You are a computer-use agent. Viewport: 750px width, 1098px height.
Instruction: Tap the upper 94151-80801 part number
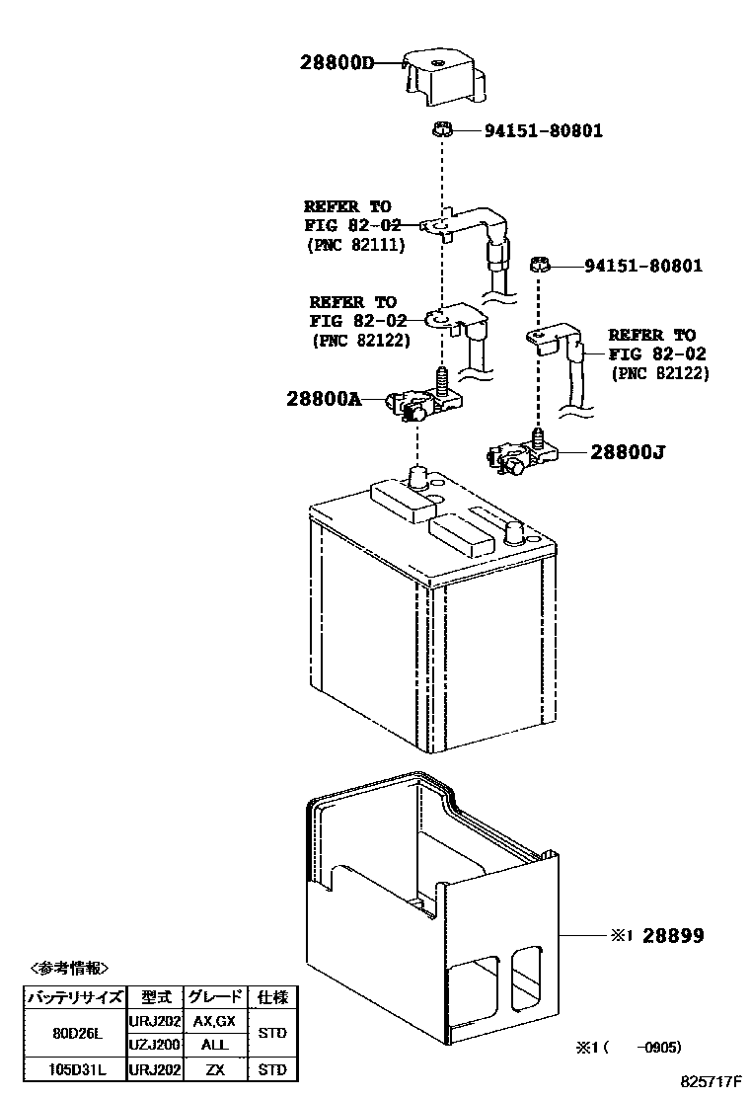coord(543,130)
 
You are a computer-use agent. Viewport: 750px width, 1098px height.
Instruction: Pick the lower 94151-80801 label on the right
coord(643,266)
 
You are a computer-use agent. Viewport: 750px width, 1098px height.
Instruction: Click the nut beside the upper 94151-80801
coord(443,128)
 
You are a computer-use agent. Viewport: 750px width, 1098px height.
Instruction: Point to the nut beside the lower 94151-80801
coord(539,265)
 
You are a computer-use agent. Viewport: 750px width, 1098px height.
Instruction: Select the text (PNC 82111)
coord(356,245)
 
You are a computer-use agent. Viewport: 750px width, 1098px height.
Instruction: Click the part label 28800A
coord(324,399)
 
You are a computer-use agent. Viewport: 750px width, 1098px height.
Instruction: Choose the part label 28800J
coord(628,453)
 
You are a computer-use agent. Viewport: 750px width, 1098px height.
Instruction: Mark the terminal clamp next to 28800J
coord(521,455)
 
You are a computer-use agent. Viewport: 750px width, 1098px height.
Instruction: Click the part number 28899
coord(673,935)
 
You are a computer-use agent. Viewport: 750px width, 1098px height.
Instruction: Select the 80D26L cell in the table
coord(74,1033)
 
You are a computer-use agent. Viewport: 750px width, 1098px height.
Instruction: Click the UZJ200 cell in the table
coord(154,1045)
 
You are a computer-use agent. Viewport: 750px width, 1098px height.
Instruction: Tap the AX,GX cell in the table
coord(213,1021)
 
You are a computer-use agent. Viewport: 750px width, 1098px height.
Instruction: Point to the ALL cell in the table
coord(213,1045)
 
